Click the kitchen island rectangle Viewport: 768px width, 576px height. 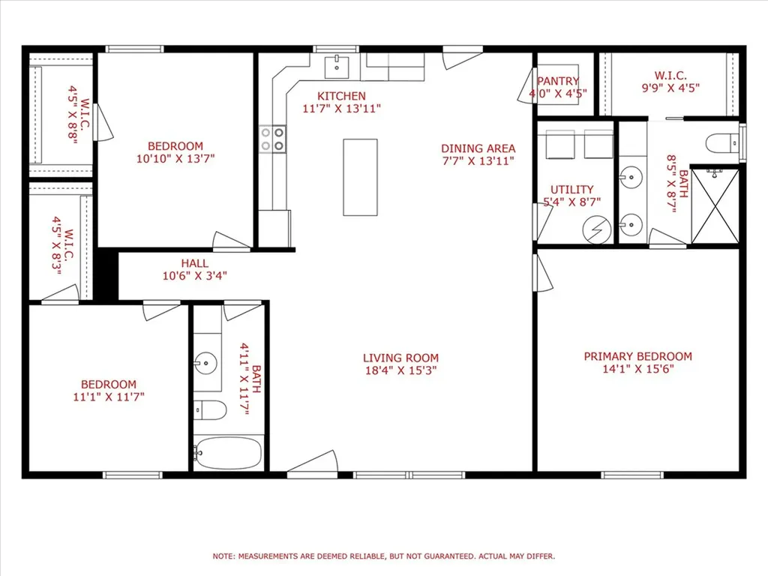coord(360,177)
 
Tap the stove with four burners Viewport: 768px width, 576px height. coord(273,139)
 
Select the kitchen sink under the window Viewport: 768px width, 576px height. coord(337,67)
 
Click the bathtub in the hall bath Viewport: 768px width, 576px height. coord(228,453)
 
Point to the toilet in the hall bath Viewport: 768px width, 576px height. coord(210,410)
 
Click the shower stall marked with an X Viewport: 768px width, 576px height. coord(715,205)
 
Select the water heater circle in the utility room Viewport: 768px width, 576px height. coord(596,229)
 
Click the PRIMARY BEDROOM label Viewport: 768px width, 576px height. coord(637,356)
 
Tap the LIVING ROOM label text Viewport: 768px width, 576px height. coord(400,358)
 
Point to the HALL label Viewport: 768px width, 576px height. coord(195,263)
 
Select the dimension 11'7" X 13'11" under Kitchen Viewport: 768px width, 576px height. coord(341,109)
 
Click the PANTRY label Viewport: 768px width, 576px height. coord(558,81)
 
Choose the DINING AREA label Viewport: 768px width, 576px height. coord(478,148)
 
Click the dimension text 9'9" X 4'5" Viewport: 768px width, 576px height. coord(670,88)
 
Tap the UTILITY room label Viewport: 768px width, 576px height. coord(571,190)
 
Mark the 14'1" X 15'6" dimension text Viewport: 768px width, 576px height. coord(637,369)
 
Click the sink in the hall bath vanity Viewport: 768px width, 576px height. coord(205,363)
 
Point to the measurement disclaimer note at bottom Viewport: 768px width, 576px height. coord(383,556)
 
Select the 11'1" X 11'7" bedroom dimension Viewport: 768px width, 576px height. coord(109,397)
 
